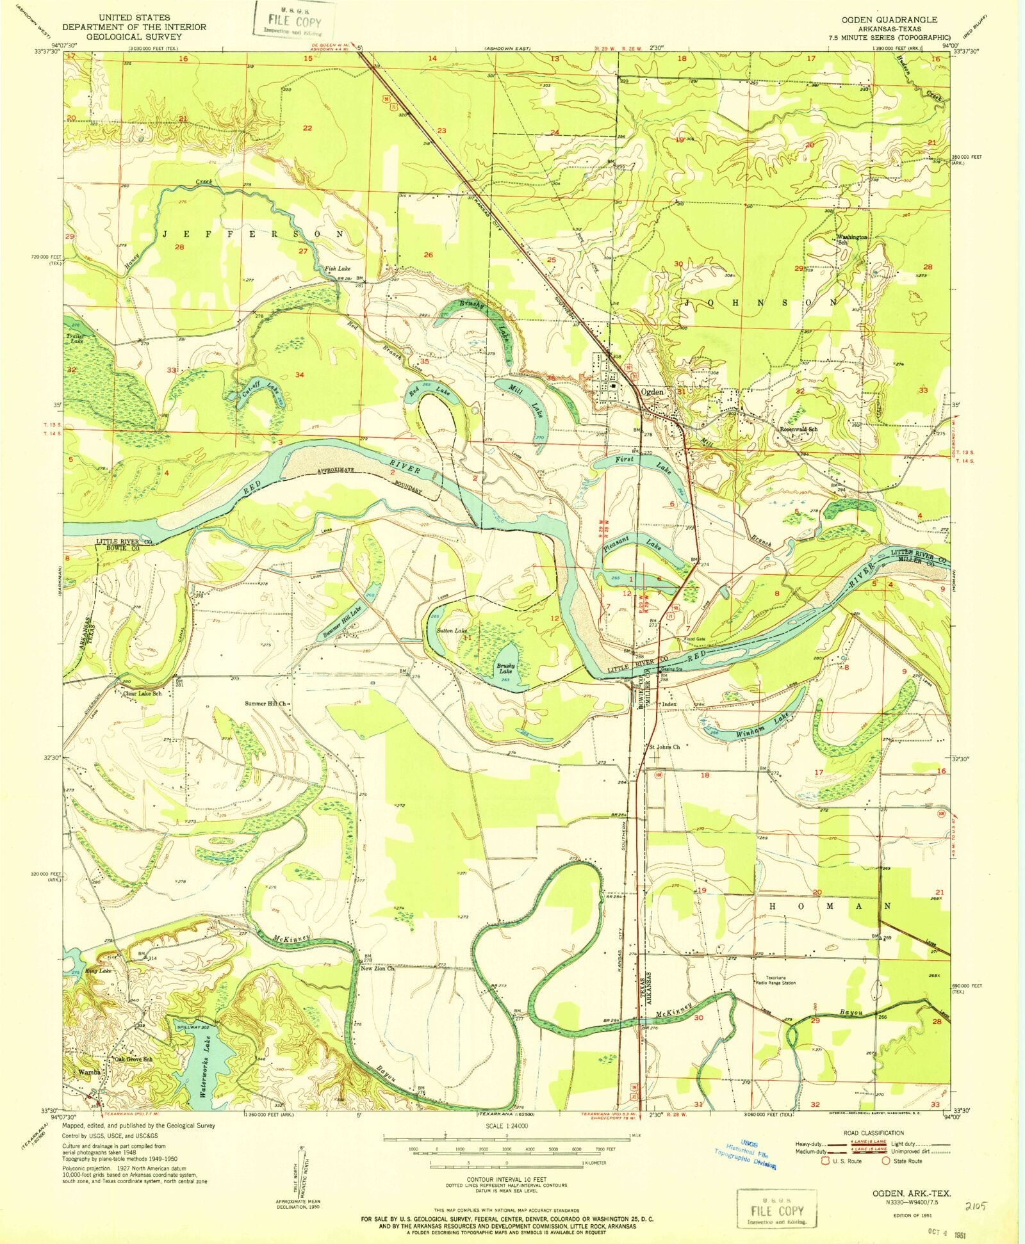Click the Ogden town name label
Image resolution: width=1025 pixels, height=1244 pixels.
click(653, 392)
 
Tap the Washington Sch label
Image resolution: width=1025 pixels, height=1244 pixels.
click(851, 239)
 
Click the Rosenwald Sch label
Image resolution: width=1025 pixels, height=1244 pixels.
click(798, 429)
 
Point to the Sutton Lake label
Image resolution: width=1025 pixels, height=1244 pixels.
click(452, 631)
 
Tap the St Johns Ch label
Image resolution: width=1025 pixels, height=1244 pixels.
click(664, 747)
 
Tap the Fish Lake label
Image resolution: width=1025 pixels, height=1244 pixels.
click(337, 269)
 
